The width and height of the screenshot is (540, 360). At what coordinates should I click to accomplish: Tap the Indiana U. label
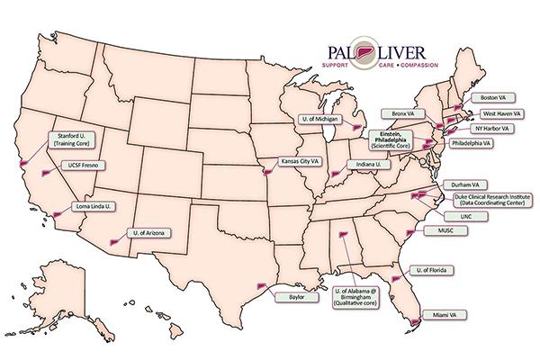pos(368,165)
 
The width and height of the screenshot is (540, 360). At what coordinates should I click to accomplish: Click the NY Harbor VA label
pos(493,129)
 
